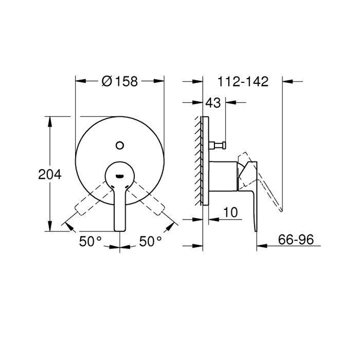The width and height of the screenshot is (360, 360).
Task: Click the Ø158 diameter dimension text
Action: point(120,81)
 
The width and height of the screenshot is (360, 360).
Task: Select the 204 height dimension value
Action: point(50,174)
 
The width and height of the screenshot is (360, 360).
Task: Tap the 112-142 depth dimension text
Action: point(243,81)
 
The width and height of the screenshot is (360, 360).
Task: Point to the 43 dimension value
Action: point(213,103)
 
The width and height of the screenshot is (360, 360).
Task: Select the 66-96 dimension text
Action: point(296,239)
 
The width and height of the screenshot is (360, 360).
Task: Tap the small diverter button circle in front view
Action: point(120,145)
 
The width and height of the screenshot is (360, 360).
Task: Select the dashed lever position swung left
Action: point(87,203)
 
